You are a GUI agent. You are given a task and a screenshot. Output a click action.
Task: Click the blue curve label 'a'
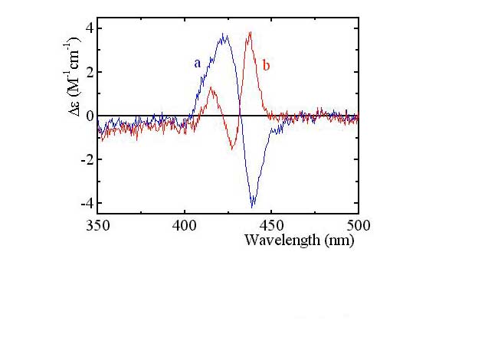197,64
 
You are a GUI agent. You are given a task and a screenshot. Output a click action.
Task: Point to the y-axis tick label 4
89,28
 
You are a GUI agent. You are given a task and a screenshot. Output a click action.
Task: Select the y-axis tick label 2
89,72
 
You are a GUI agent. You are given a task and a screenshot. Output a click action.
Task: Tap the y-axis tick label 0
89,116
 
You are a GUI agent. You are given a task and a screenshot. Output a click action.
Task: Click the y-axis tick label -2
87,160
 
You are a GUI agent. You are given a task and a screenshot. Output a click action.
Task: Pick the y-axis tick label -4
87,204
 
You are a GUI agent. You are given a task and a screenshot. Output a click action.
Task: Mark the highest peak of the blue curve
224,34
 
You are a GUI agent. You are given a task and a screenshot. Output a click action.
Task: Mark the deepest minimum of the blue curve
252,207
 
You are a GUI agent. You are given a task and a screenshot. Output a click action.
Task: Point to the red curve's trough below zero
233,148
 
